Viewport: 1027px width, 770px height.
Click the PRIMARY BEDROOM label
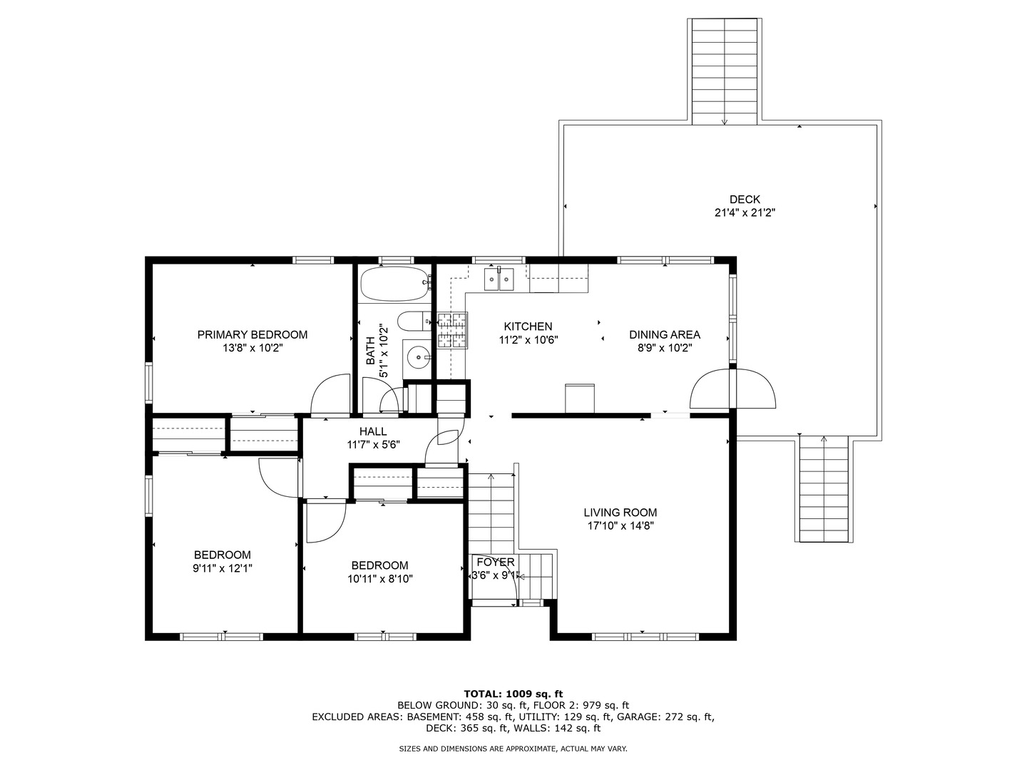pyautogui.click(x=252, y=334)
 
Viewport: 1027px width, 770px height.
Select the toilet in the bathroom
pyautogui.click(x=412, y=322)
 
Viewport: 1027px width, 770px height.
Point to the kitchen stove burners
pyautogui.click(x=451, y=332)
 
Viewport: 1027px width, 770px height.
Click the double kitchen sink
pyautogui.click(x=499, y=279)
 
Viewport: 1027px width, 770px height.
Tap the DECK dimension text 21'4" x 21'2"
pyautogui.click(x=745, y=212)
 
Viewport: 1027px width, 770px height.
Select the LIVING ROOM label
pyautogui.click(x=620, y=513)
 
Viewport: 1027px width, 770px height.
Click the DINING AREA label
pyautogui.click(x=665, y=334)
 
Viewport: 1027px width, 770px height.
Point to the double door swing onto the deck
pyautogui.click(x=732, y=389)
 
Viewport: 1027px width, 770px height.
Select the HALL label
pyautogui.click(x=373, y=431)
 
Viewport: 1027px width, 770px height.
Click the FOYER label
pyautogui.click(x=496, y=563)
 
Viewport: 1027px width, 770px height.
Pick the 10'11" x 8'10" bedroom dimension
pyautogui.click(x=380, y=579)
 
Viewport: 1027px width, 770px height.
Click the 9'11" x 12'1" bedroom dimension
pyautogui.click(x=223, y=568)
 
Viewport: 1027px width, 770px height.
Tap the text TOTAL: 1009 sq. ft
pyautogui.click(x=513, y=693)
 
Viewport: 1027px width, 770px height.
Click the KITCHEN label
pyautogui.click(x=528, y=327)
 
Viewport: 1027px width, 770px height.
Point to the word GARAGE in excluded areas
pyautogui.click(x=638, y=717)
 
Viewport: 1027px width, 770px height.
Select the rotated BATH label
pyautogui.click(x=370, y=351)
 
